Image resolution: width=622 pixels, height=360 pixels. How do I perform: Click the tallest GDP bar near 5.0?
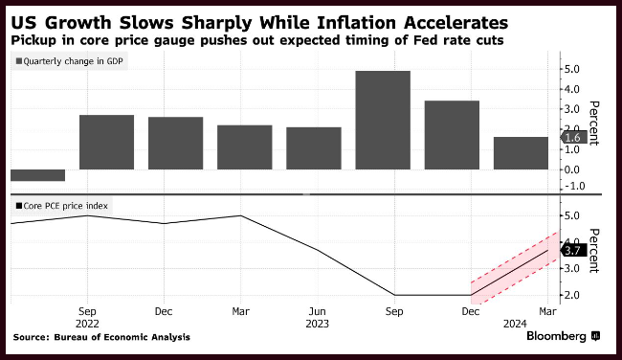(383, 121)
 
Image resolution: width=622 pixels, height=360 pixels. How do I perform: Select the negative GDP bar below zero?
(37, 175)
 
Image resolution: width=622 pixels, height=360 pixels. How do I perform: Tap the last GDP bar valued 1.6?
(521, 153)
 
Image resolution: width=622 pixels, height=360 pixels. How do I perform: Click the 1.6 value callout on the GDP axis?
(573, 137)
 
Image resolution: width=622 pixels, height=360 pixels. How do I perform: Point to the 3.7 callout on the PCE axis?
(573, 251)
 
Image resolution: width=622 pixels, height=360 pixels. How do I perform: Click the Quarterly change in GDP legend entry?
(70, 61)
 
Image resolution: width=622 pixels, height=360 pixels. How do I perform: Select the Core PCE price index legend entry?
(61, 206)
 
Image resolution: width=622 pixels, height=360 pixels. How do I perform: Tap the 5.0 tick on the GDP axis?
(571, 69)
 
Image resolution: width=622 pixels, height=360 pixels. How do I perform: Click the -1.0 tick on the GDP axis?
(571, 186)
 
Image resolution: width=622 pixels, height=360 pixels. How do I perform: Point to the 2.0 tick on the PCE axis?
(571, 295)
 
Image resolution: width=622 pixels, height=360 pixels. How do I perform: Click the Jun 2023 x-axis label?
(318, 318)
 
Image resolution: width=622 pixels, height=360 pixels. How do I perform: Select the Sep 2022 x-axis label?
(87, 318)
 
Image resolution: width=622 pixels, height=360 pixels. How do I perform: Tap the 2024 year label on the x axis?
(515, 324)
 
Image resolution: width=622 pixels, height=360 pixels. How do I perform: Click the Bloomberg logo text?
(556, 336)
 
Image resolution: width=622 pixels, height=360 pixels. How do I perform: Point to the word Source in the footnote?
(31, 337)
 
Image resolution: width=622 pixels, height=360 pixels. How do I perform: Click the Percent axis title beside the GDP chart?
(593, 124)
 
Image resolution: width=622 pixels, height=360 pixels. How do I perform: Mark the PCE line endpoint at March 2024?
(547, 250)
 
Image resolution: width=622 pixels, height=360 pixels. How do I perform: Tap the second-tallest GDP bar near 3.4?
(452, 135)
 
